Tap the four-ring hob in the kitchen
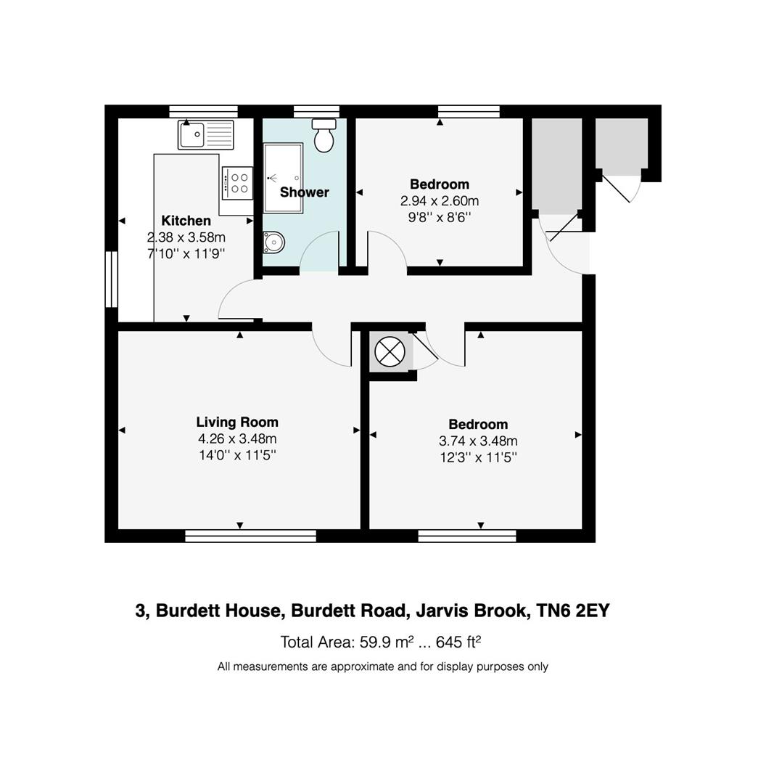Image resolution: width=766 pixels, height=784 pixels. coord(237,182)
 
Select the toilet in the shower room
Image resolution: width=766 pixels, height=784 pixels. coord(324,135)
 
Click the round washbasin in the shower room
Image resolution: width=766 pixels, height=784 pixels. coord(273,242)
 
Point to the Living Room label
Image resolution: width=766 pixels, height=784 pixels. coord(237,422)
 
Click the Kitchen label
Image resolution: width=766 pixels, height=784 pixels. coord(186,221)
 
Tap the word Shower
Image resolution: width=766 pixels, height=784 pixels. coord(305,192)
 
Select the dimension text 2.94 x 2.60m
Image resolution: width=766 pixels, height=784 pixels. coord(440,200)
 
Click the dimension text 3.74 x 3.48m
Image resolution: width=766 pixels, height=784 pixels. coord(478,441)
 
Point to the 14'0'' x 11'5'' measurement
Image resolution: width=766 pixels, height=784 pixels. coord(237,455)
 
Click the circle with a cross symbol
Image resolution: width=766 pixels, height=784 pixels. coord(390,353)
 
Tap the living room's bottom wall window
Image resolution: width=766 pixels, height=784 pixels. coord(250,536)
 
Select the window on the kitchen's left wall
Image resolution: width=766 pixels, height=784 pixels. coord(111,279)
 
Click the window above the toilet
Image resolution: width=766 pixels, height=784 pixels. coord(316,111)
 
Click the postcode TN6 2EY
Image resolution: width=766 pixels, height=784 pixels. coord(573,611)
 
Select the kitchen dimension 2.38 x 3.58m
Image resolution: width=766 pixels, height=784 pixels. coord(186,237)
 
